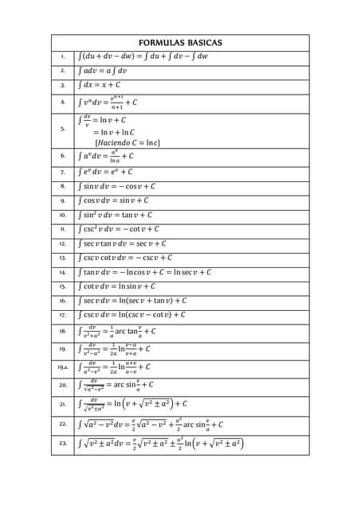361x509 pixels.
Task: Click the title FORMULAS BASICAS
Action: coord(180,42)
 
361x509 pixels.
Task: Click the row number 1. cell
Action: coord(62,56)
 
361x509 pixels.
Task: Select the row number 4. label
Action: coord(62,102)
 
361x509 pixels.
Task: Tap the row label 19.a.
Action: coord(62,367)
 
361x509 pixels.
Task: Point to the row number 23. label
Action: coord(62,443)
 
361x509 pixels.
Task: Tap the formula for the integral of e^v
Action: coord(105,171)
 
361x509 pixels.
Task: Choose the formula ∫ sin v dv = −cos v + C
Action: coord(120,186)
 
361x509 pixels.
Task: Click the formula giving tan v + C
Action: coord(116,215)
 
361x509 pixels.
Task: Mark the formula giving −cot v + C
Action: coord(120,229)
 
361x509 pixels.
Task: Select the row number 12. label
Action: coord(62,243)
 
